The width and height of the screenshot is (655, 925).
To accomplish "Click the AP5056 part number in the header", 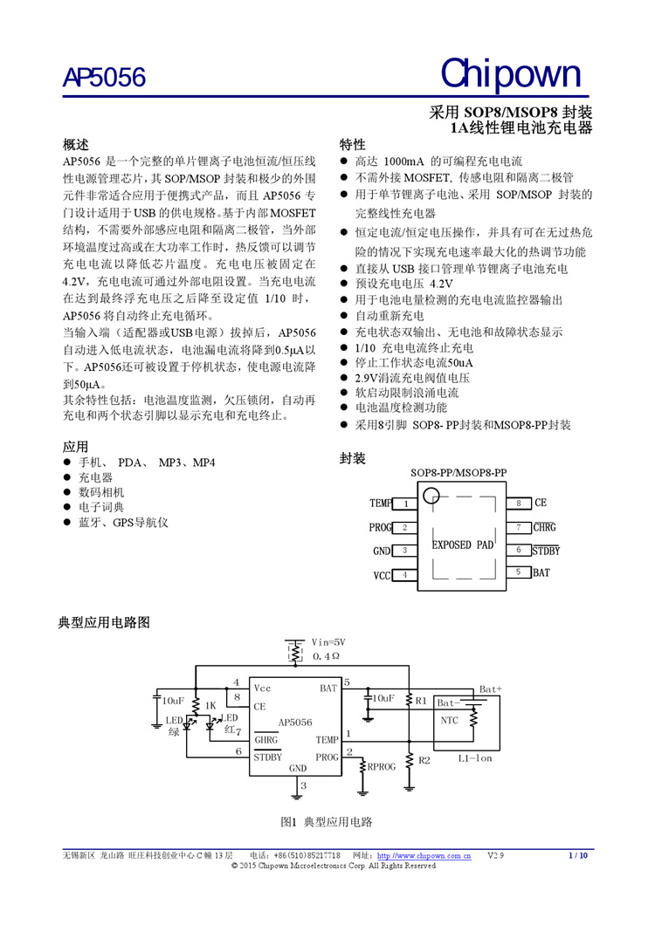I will (x=104, y=79).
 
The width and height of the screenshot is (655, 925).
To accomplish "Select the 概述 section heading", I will (x=76, y=144).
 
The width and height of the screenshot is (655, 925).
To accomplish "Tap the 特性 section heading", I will (x=352, y=144).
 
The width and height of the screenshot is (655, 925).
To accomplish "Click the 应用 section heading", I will (x=76, y=446).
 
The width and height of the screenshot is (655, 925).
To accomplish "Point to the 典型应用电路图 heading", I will (x=104, y=622).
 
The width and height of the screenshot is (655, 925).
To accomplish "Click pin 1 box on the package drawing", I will (x=406, y=504).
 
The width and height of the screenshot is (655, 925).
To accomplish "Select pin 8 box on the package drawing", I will (x=518, y=504).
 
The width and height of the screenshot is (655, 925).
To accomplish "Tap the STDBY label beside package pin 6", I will (x=546, y=551).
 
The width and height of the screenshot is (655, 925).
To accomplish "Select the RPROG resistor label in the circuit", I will (x=382, y=767).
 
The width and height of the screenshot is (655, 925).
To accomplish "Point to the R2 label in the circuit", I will (x=424, y=760).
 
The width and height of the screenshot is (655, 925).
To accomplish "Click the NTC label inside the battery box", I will (x=449, y=720).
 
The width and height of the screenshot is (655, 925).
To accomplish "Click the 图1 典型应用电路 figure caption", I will (x=327, y=823).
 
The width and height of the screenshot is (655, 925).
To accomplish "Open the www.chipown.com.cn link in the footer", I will (x=424, y=856).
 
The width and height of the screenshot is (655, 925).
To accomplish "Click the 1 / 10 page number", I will (x=578, y=856).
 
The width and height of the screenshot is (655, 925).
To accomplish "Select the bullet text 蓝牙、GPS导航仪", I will (x=122, y=523).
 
